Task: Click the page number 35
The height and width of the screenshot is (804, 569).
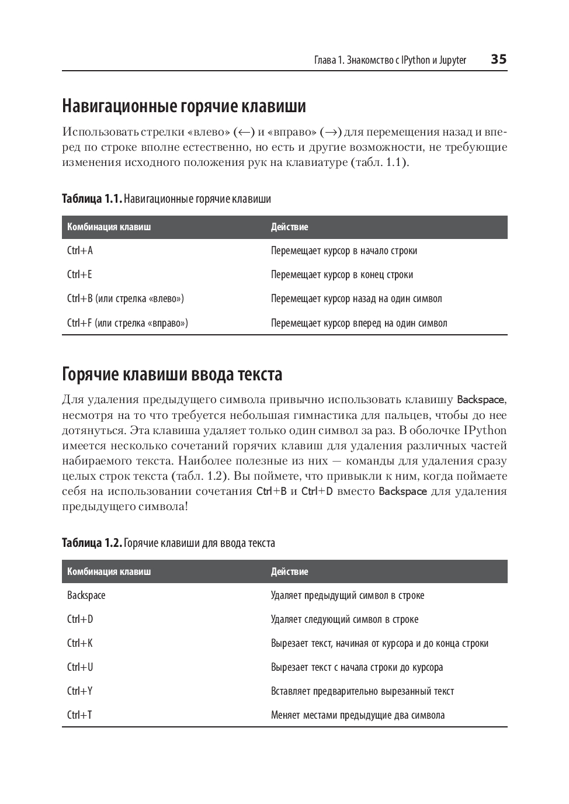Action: point(498,59)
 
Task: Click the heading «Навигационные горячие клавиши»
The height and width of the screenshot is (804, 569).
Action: point(184,106)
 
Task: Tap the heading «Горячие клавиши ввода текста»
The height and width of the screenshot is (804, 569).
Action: point(172,374)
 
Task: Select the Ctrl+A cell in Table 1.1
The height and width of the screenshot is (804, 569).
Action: point(80,251)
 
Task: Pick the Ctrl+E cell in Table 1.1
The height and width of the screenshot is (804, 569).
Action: point(79,275)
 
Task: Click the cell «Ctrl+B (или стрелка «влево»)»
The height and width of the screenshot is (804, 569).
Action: point(126,299)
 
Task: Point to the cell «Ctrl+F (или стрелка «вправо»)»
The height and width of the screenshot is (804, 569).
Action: point(127,323)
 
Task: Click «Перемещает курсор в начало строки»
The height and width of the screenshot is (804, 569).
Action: point(344,251)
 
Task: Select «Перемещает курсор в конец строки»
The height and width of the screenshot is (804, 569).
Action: point(342,275)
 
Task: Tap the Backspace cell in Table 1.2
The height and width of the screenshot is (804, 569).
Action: point(86,595)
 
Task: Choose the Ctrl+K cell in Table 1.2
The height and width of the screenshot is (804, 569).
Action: point(80,643)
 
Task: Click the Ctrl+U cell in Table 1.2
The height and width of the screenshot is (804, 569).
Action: point(80,667)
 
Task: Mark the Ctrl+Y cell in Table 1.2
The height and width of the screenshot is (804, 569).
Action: point(80,691)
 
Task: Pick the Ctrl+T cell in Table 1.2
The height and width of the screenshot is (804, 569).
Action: point(79,715)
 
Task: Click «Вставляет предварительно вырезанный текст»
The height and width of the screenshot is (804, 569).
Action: point(362,691)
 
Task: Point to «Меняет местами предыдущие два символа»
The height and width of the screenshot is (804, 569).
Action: point(358,715)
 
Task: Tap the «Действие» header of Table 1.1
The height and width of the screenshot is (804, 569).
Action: point(289,227)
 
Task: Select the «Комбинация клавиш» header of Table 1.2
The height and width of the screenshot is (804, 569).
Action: point(109,571)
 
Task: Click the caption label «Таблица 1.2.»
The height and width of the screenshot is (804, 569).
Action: point(92,543)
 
